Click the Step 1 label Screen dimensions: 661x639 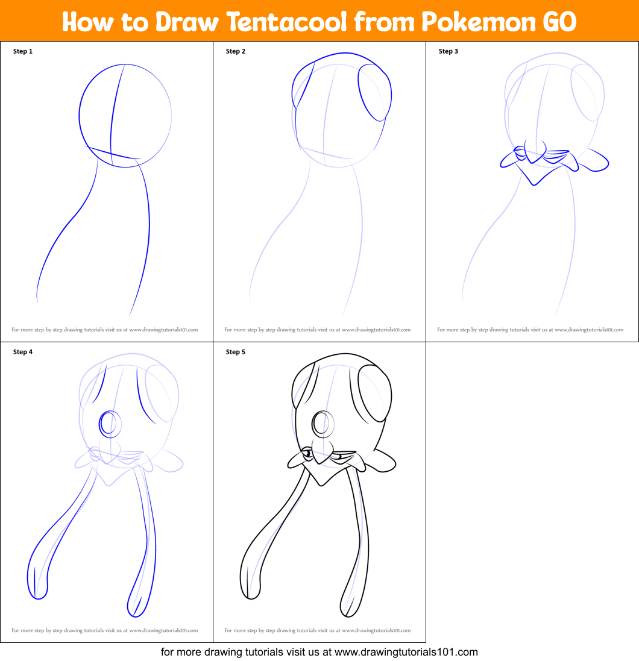tap(23, 51)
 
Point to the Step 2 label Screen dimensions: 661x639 tap(236, 51)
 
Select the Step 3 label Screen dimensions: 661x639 tap(449, 51)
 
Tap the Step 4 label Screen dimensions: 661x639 tap(23, 352)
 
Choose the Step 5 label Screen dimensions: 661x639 tap(236, 352)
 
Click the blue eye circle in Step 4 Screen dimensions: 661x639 tap(109, 424)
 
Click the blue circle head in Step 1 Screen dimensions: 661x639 tap(125, 113)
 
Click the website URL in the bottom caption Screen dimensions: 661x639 tap(406, 652)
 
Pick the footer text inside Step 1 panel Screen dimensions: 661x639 tap(105, 330)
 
